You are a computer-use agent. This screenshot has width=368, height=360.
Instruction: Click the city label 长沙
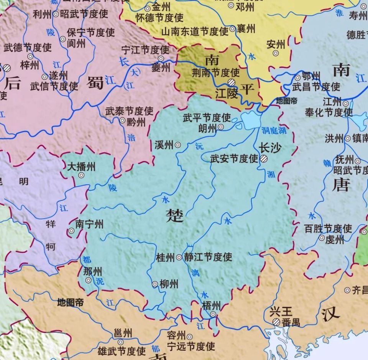(270, 148)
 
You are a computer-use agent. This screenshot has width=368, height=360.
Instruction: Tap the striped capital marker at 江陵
(232, 83)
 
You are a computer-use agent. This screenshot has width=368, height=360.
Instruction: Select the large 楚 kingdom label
(174, 216)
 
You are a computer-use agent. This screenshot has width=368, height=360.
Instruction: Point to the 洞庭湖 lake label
(274, 131)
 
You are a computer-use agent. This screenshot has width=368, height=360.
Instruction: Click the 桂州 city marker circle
(179, 258)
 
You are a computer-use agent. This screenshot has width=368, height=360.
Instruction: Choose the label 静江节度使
(208, 257)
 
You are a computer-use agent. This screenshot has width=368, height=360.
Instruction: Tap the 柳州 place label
(169, 284)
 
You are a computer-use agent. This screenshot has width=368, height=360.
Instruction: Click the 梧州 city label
(211, 306)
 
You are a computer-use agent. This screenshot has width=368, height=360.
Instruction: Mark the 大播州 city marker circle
(81, 175)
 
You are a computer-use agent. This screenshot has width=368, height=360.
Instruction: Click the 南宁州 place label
(89, 224)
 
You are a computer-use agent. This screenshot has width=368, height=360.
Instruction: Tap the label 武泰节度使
(130, 111)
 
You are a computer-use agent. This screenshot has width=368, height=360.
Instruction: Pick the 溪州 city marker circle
(178, 145)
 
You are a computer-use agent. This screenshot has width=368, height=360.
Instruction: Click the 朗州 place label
(208, 128)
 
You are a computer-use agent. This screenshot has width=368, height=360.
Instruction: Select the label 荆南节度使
(215, 72)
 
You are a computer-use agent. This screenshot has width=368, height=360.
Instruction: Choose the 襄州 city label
(246, 29)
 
